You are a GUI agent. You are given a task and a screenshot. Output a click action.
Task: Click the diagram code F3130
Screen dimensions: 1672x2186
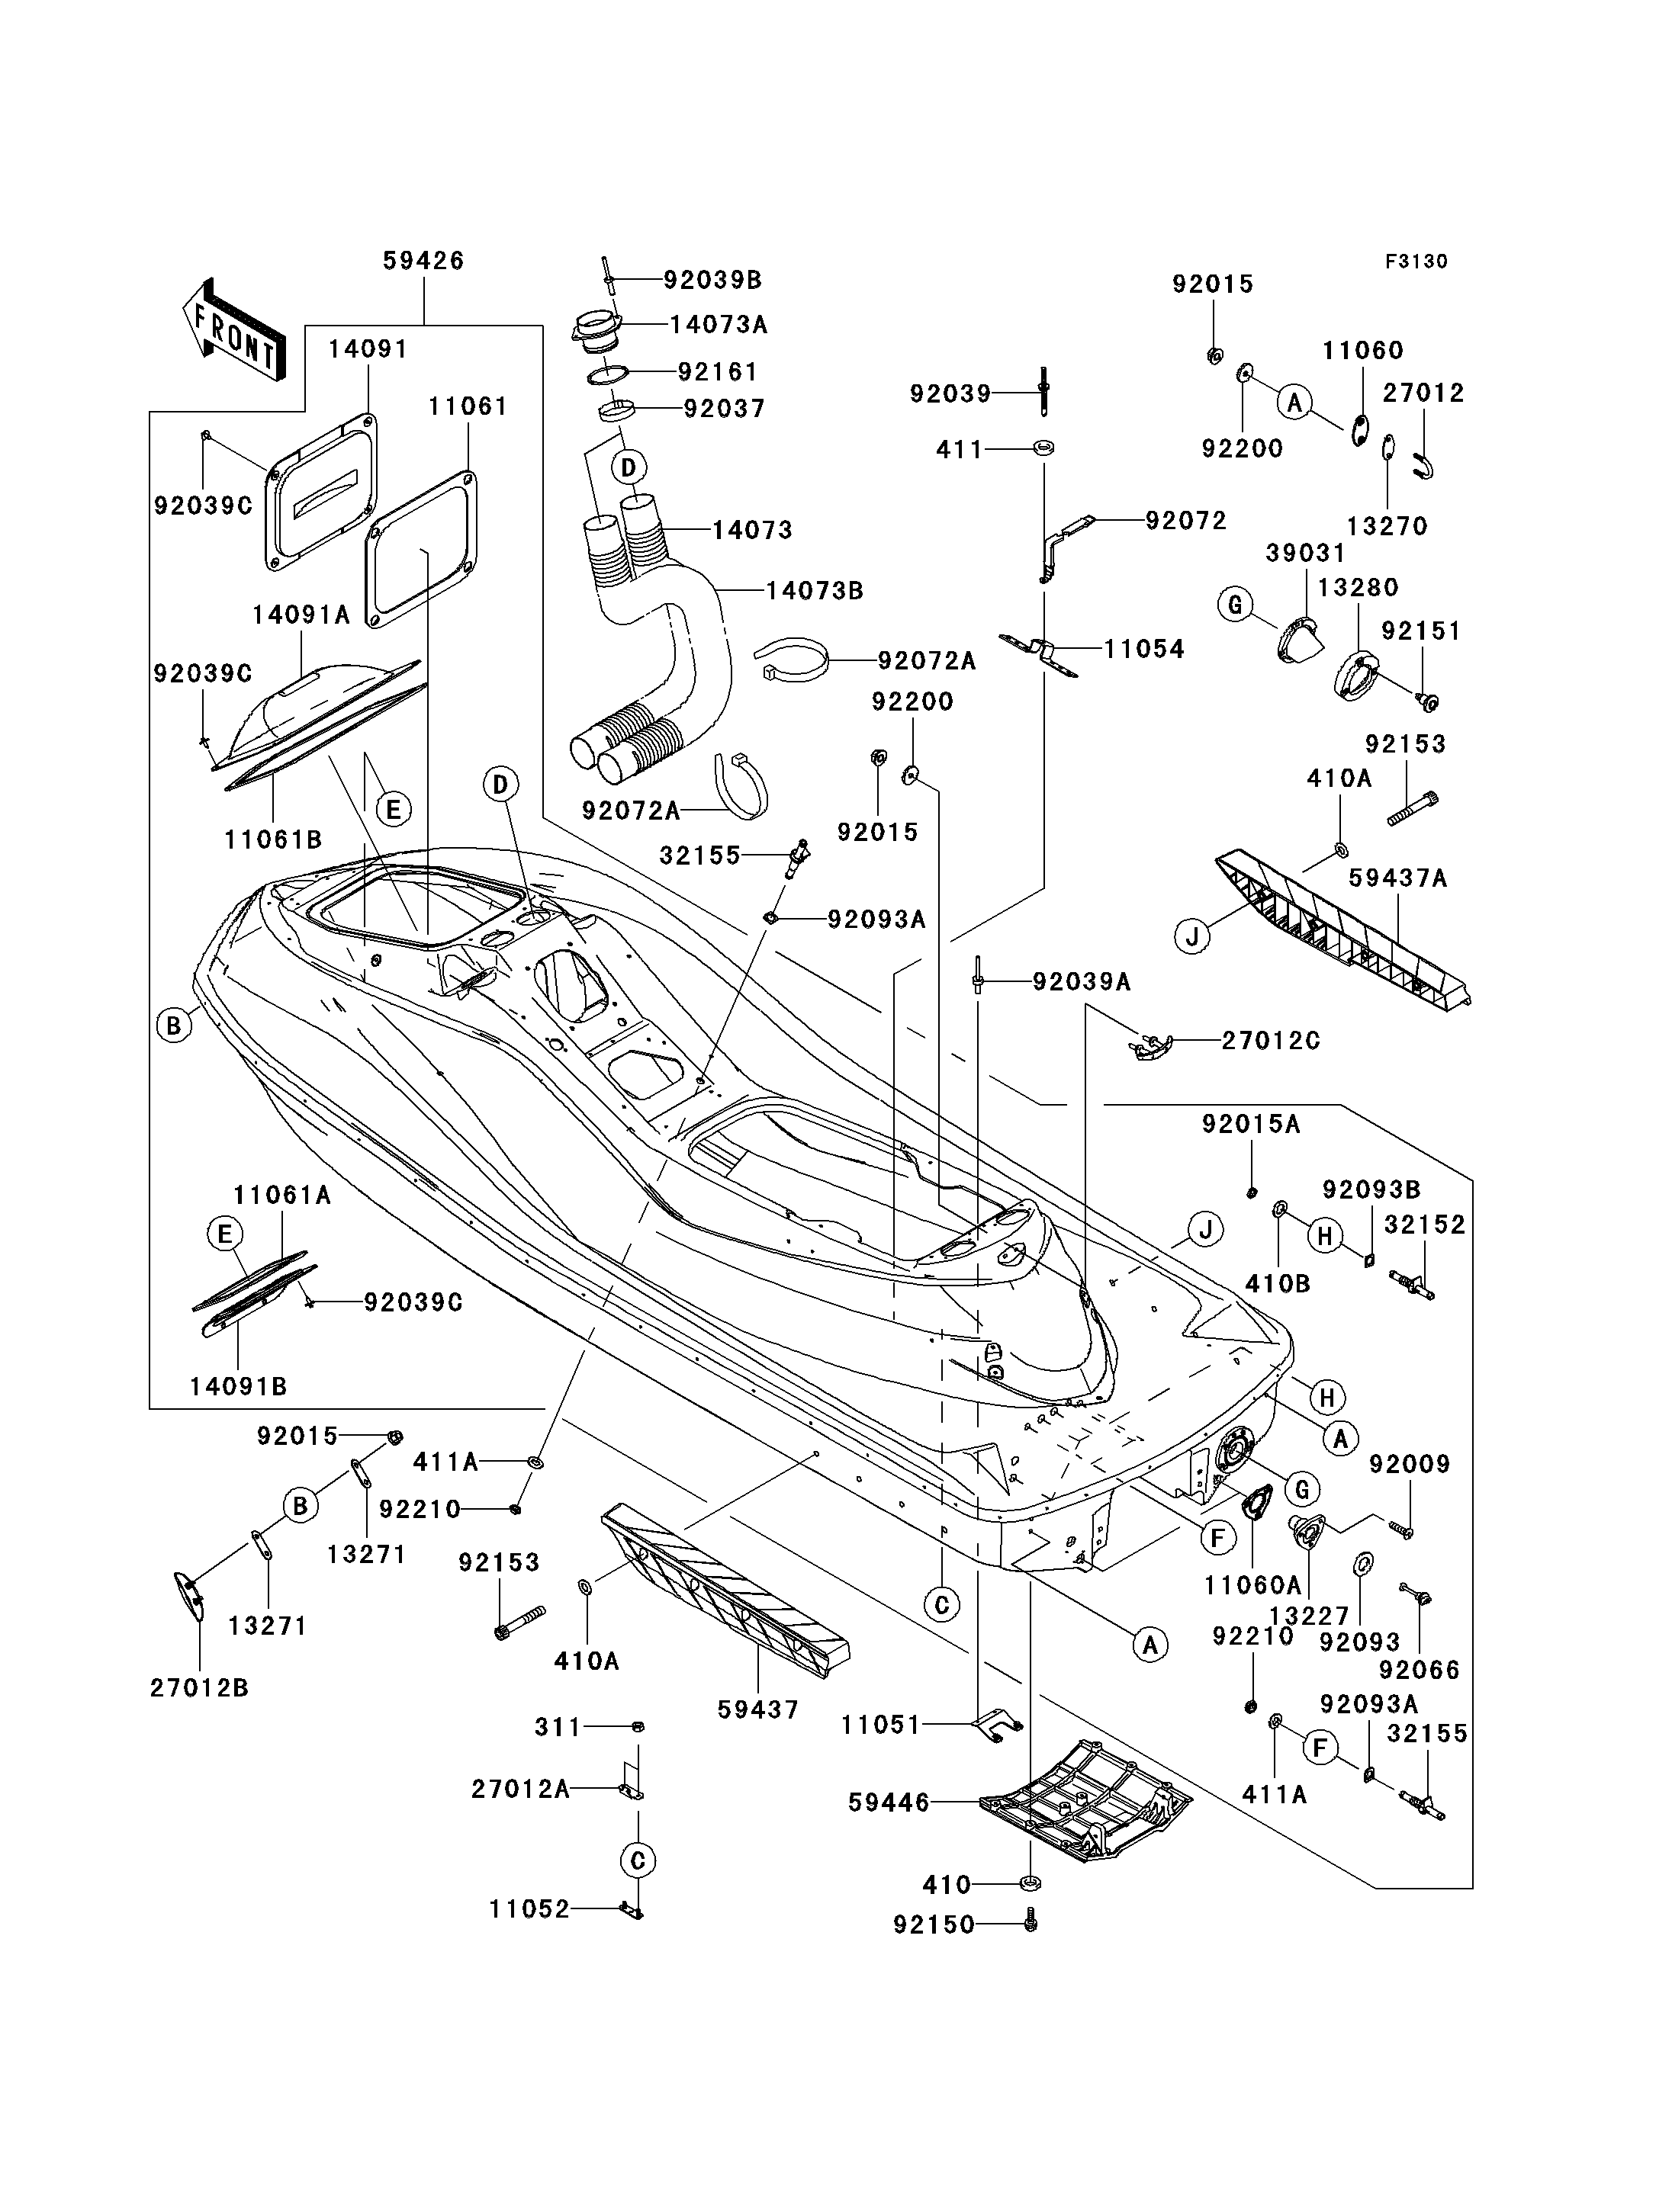(1416, 262)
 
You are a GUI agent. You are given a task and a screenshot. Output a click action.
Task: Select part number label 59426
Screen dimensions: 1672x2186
(424, 261)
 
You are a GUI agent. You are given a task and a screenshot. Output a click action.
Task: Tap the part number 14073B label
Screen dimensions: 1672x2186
(814, 591)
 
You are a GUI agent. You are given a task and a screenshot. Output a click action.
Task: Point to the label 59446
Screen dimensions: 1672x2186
(889, 1803)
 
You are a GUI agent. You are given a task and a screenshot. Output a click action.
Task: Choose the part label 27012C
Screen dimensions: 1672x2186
(1271, 1041)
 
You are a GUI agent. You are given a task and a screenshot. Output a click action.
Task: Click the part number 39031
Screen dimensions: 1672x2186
(1306, 554)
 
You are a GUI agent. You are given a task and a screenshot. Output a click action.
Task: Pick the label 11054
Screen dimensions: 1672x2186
(1144, 650)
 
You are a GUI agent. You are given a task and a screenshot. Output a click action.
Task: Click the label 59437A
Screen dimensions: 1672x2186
(1398, 878)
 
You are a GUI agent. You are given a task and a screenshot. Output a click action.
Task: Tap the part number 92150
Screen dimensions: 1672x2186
(934, 1925)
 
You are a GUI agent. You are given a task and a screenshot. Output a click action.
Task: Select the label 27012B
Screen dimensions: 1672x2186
(199, 1689)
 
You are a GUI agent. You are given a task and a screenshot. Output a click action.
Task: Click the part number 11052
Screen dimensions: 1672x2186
(529, 1909)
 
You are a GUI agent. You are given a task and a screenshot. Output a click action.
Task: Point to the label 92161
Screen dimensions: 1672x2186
(718, 372)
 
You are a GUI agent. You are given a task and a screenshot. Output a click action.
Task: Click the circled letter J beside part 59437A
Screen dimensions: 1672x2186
(1192, 936)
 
